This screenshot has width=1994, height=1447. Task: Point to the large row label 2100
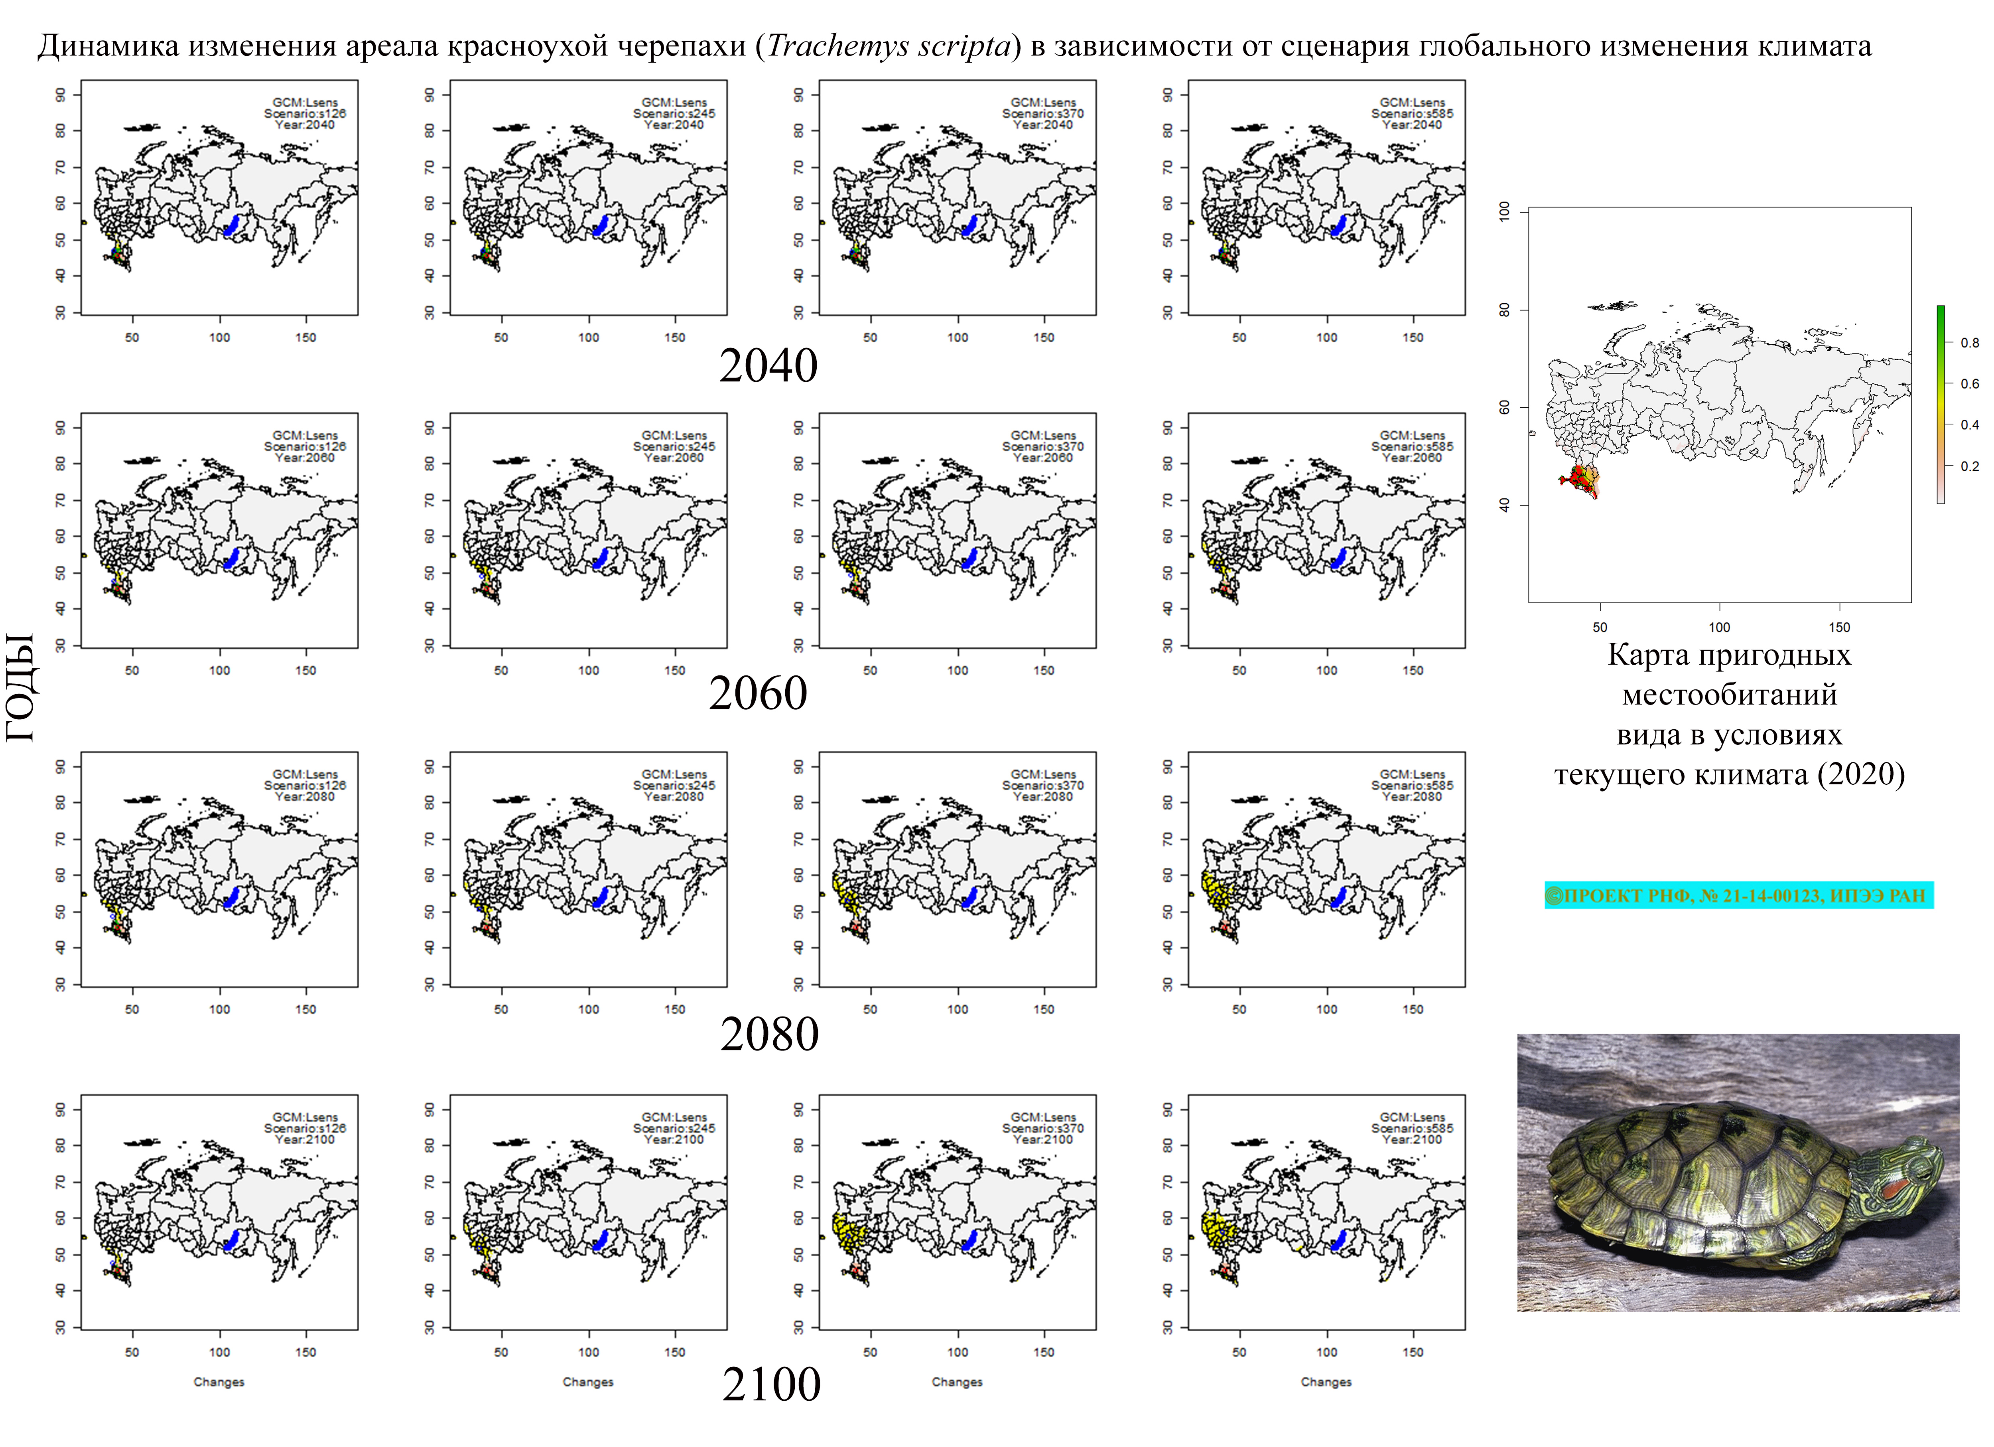(x=771, y=1384)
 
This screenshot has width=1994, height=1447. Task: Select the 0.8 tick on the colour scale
(x=1969, y=343)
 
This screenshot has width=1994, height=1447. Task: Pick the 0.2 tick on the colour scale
(x=1969, y=466)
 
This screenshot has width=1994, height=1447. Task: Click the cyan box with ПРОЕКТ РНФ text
(x=1738, y=896)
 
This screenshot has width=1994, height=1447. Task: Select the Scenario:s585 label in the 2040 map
(x=1412, y=113)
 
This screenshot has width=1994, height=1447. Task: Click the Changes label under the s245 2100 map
(x=588, y=1382)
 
